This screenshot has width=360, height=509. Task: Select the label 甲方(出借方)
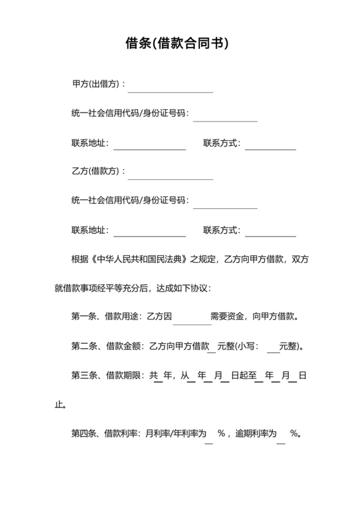pos(96,84)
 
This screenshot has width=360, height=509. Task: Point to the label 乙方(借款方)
pos(96,172)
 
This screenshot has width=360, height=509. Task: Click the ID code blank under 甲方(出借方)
pos(225,116)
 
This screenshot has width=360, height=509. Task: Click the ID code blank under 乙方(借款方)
pos(225,203)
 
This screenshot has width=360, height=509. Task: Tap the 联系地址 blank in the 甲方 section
pos(149,145)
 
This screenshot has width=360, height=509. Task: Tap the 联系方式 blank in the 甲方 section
pos(270,145)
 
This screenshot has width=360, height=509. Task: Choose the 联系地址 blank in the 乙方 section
pos(149,232)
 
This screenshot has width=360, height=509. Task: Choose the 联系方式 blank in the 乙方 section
pos(270,232)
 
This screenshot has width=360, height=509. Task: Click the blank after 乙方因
pos(192,317)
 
